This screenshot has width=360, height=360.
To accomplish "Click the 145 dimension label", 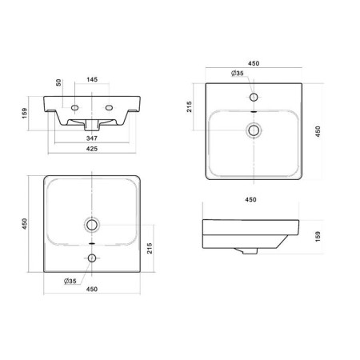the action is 92,79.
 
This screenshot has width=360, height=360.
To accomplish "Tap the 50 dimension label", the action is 58,82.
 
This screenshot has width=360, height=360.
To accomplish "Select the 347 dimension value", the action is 92,138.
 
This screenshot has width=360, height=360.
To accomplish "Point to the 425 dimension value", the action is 92,149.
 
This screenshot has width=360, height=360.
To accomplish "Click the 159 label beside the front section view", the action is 25,113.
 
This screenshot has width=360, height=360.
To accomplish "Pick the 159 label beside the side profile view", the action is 318,237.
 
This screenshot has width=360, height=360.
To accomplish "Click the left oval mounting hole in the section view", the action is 74,108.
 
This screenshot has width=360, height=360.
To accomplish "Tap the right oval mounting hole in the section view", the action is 109,108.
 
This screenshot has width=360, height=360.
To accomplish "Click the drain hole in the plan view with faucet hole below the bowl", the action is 92,225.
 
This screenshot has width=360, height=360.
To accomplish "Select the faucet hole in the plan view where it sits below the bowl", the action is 92,258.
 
